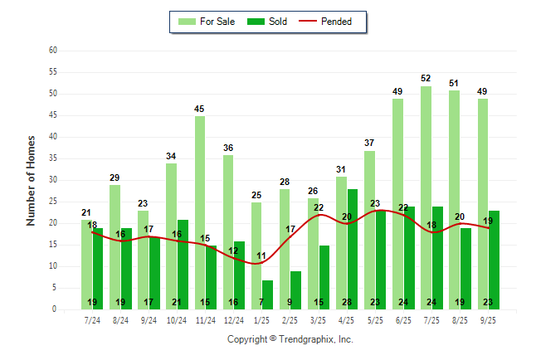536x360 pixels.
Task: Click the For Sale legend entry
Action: pyautogui.click(x=206, y=22)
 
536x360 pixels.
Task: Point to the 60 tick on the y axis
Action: pyautogui.click(x=52, y=51)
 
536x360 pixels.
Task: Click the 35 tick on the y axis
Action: pyautogui.click(x=52, y=158)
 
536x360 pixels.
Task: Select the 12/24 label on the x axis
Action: pyautogui.click(x=233, y=319)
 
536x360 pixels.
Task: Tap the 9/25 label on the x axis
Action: pyautogui.click(x=488, y=319)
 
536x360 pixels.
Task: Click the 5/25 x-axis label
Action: pyautogui.click(x=374, y=319)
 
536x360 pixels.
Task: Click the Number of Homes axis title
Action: pyautogui.click(x=31, y=180)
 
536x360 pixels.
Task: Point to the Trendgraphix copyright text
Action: pyautogui.click(x=290, y=339)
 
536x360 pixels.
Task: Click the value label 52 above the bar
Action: pyautogui.click(x=426, y=79)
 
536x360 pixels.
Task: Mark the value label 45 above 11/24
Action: pyautogui.click(x=200, y=109)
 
